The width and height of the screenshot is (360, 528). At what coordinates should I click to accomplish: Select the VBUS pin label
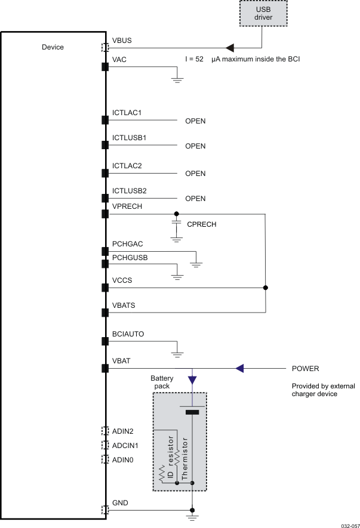pyautogui.click(x=122, y=41)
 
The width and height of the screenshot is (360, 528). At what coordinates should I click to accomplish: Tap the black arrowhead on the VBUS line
pyautogui.click(x=229, y=47)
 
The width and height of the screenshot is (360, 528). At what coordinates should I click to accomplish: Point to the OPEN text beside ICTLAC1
pyautogui.click(x=195, y=121)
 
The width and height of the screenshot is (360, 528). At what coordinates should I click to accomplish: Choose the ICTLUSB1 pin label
pyautogui.click(x=130, y=138)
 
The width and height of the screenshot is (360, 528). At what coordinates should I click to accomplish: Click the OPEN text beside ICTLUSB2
pyautogui.click(x=195, y=199)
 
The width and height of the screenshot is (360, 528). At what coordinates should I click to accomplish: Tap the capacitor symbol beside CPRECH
pyautogui.click(x=177, y=224)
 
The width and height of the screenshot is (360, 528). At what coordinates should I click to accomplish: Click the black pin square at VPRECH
pyautogui.click(x=105, y=213)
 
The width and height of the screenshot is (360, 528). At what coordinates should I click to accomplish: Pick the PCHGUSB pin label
pyautogui.click(x=130, y=257)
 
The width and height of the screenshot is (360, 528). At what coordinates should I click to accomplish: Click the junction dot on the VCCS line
pyautogui.click(x=265, y=288)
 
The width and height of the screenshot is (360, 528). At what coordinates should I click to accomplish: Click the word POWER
pyautogui.click(x=305, y=369)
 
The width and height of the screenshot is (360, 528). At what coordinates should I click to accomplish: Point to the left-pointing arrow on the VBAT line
pyautogui.click(x=239, y=369)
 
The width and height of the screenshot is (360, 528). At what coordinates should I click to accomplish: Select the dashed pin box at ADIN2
pyautogui.click(x=105, y=430)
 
